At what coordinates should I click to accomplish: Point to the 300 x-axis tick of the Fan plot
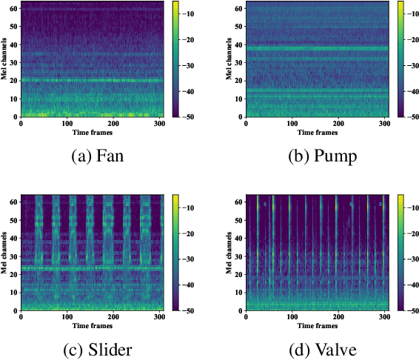pyautogui.click(x=159, y=123)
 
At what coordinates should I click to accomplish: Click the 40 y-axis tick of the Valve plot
pyautogui.click(x=239, y=239)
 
